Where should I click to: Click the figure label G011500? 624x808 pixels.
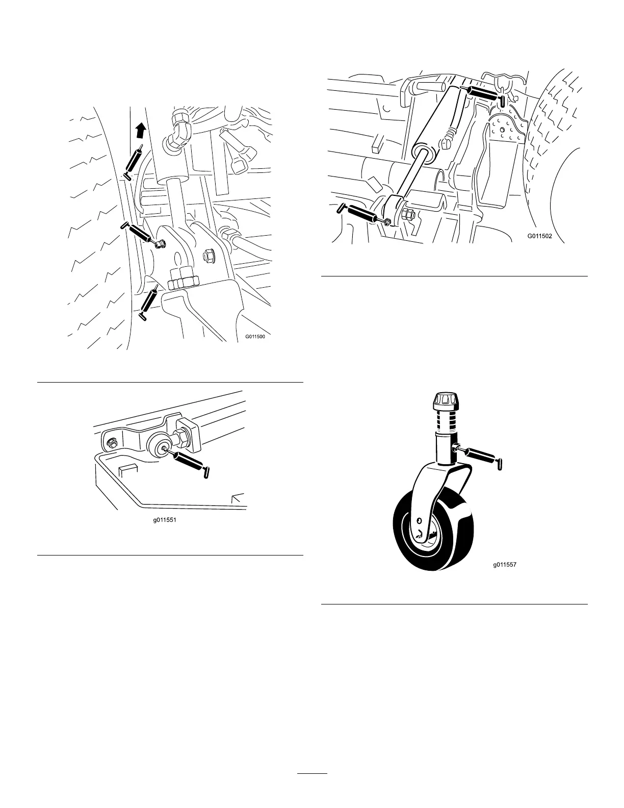[x=255, y=336]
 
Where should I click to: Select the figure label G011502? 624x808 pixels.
[x=540, y=237]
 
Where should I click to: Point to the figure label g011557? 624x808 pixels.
[x=508, y=565]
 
